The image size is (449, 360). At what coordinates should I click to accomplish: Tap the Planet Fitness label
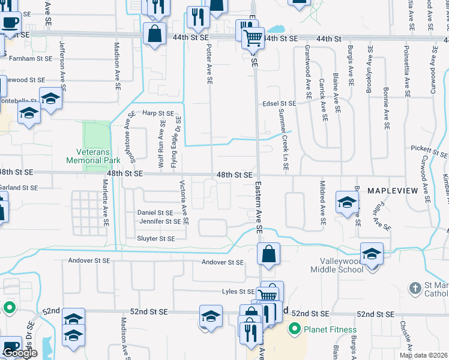tap(329, 329)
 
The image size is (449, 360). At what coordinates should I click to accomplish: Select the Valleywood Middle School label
tap(337, 265)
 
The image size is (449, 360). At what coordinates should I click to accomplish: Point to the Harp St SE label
tap(157, 113)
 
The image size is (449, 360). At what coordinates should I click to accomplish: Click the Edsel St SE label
tap(279, 104)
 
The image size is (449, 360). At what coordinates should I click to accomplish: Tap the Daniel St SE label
tap(155, 212)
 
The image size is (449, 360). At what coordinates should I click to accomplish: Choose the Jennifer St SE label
tap(160, 221)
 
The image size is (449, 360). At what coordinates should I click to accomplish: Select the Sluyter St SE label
tap(156, 238)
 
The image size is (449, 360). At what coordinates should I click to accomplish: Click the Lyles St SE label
tap(238, 292)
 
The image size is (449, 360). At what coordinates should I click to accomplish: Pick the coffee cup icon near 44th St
tap(10, 23)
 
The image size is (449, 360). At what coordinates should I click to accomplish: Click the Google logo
tap(20, 353)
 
